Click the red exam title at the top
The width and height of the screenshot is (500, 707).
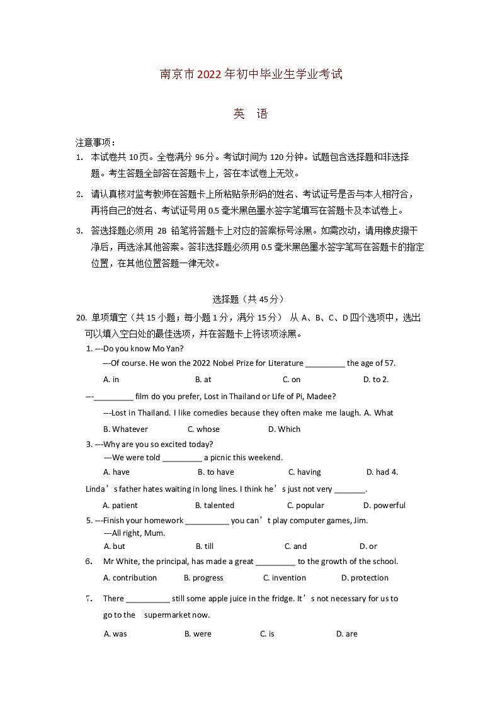click(x=251, y=74)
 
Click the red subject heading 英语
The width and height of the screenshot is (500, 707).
click(x=251, y=114)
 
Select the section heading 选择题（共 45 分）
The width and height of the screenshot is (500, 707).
click(x=249, y=300)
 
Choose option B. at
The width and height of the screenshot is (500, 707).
click(x=203, y=380)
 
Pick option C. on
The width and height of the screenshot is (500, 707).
click(x=291, y=380)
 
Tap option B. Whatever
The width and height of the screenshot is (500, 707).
click(x=125, y=429)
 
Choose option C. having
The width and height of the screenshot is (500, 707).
click(x=304, y=472)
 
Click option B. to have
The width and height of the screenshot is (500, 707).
click(x=215, y=472)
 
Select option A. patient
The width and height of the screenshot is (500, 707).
click(x=120, y=506)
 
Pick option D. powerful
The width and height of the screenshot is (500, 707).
click(x=384, y=506)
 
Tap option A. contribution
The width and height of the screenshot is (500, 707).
click(x=130, y=578)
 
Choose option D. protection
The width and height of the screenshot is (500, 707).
click(x=365, y=578)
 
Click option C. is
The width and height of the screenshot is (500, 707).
click(x=267, y=634)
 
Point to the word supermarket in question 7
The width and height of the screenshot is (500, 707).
click(x=167, y=615)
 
